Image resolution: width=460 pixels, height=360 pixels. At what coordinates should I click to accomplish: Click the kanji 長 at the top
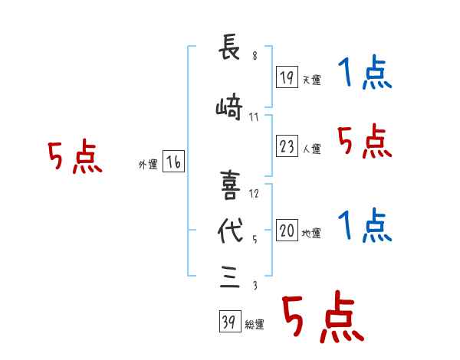pyautogui.click(x=229, y=47)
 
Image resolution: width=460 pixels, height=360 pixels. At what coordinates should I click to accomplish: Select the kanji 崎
pyautogui.click(x=229, y=106)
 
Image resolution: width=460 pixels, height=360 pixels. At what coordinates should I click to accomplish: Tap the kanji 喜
pyautogui.click(x=230, y=185)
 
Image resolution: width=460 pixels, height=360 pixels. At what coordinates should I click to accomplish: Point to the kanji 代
pyautogui.click(x=231, y=231)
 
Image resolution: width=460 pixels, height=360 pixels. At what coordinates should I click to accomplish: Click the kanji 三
pyautogui.click(x=230, y=277)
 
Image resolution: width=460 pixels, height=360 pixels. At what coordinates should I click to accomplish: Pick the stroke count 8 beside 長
pyautogui.click(x=255, y=55)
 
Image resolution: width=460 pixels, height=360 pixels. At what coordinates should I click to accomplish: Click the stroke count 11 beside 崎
pyautogui.click(x=254, y=117)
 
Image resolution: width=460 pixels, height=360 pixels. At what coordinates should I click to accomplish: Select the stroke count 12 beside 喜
pyautogui.click(x=254, y=194)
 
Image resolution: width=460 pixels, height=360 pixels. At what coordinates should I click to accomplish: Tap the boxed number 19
pyautogui.click(x=287, y=77)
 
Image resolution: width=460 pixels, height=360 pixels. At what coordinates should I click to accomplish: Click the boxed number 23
pyautogui.click(x=287, y=146)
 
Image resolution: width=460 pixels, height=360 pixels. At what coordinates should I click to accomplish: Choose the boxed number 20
pyautogui.click(x=287, y=230)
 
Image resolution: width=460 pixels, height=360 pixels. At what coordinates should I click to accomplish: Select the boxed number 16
pyautogui.click(x=173, y=162)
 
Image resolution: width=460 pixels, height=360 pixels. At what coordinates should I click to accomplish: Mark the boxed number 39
pyautogui.click(x=230, y=321)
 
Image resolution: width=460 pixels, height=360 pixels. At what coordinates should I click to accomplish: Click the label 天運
pyautogui.click(x=311, y=80)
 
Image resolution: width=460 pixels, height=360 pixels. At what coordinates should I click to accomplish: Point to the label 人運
pyautogui.click(x=311, y=149)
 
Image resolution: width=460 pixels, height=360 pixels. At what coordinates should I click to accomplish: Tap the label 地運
pyautogui.click(x=311, y=234)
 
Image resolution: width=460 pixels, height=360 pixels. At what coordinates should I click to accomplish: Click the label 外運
pyautogui.click(x=148, y=165)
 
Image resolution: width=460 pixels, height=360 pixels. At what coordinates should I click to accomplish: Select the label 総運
pyautogui.click(x=255, y=325)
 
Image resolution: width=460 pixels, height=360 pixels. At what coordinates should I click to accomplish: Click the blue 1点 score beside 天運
pyautogui.click(x=365, y=72)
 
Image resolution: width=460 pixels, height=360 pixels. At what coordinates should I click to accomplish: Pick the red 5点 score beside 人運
pyautogui.click(x=365, y=141)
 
